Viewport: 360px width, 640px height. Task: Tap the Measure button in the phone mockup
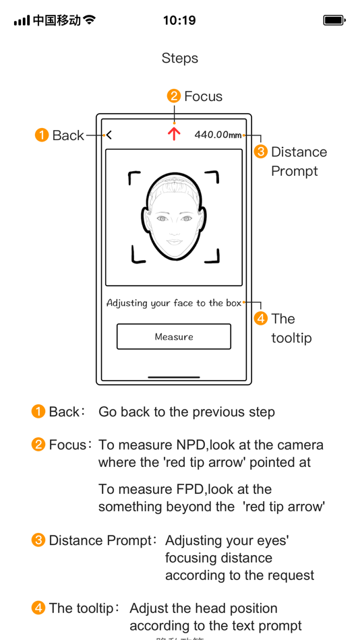click(x=174, y=337)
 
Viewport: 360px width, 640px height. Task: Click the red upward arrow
click(x=174, y=133)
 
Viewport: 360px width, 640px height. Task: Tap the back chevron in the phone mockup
click(x=109, y=135)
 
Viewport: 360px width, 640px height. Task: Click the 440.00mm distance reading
click(x=218, y=135)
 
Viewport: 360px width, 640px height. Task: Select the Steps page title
click(x=180, y=58)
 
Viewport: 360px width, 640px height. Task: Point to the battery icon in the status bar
click(x=334, y=20)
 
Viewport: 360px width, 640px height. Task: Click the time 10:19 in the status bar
click(x=179, y=20)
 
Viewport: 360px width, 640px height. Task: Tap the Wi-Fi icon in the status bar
click(x=89, y=20)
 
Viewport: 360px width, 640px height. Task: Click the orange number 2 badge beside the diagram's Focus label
click(x=174, y=96)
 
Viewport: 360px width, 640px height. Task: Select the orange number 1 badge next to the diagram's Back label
click(x=42, y=135)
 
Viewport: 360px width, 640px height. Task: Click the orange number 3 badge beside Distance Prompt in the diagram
click(x=260, y=152)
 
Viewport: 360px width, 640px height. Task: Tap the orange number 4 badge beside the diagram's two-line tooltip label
click(x=260, y=319)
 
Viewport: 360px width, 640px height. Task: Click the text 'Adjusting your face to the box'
click(x=174, y=303)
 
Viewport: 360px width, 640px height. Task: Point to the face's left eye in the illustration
click(x=162, y=219)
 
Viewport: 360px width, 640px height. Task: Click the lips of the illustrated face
click(x=174, y=241)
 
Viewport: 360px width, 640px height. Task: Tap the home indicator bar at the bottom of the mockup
click(x=174, y=377)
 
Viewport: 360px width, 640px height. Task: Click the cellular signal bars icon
click(x=22, y=20)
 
